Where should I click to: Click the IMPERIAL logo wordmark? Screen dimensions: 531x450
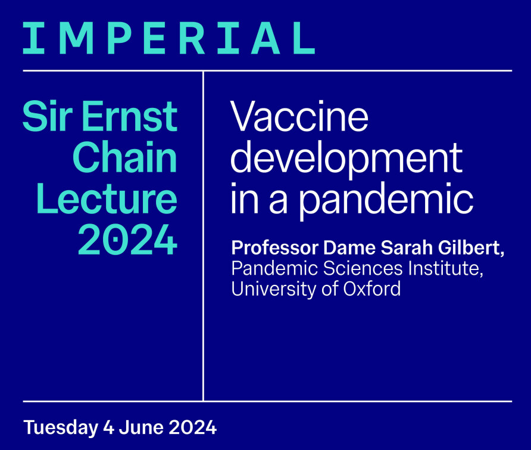point(169,38)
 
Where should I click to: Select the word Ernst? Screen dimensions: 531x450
point(130,116)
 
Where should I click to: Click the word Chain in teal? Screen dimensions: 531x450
point(125,157)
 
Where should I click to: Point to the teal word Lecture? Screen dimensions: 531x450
point(107,198)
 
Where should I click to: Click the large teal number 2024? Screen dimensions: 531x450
point(127,240)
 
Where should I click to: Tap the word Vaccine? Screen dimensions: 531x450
point(299,116)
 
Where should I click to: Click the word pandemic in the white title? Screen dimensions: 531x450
point(386,201)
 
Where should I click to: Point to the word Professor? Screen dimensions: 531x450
point(275,248)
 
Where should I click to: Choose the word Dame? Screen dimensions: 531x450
point(350,248)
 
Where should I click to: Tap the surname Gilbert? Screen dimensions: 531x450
point(471,248)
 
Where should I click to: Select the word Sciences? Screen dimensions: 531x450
point(363,268)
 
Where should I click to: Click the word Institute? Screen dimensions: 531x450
point(446,269)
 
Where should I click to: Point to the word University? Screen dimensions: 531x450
point(273,290)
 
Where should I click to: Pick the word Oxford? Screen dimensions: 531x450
point(372,289)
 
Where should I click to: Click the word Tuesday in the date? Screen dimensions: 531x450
point(61,427)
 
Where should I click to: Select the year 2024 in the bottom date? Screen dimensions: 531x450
point(193,427)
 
